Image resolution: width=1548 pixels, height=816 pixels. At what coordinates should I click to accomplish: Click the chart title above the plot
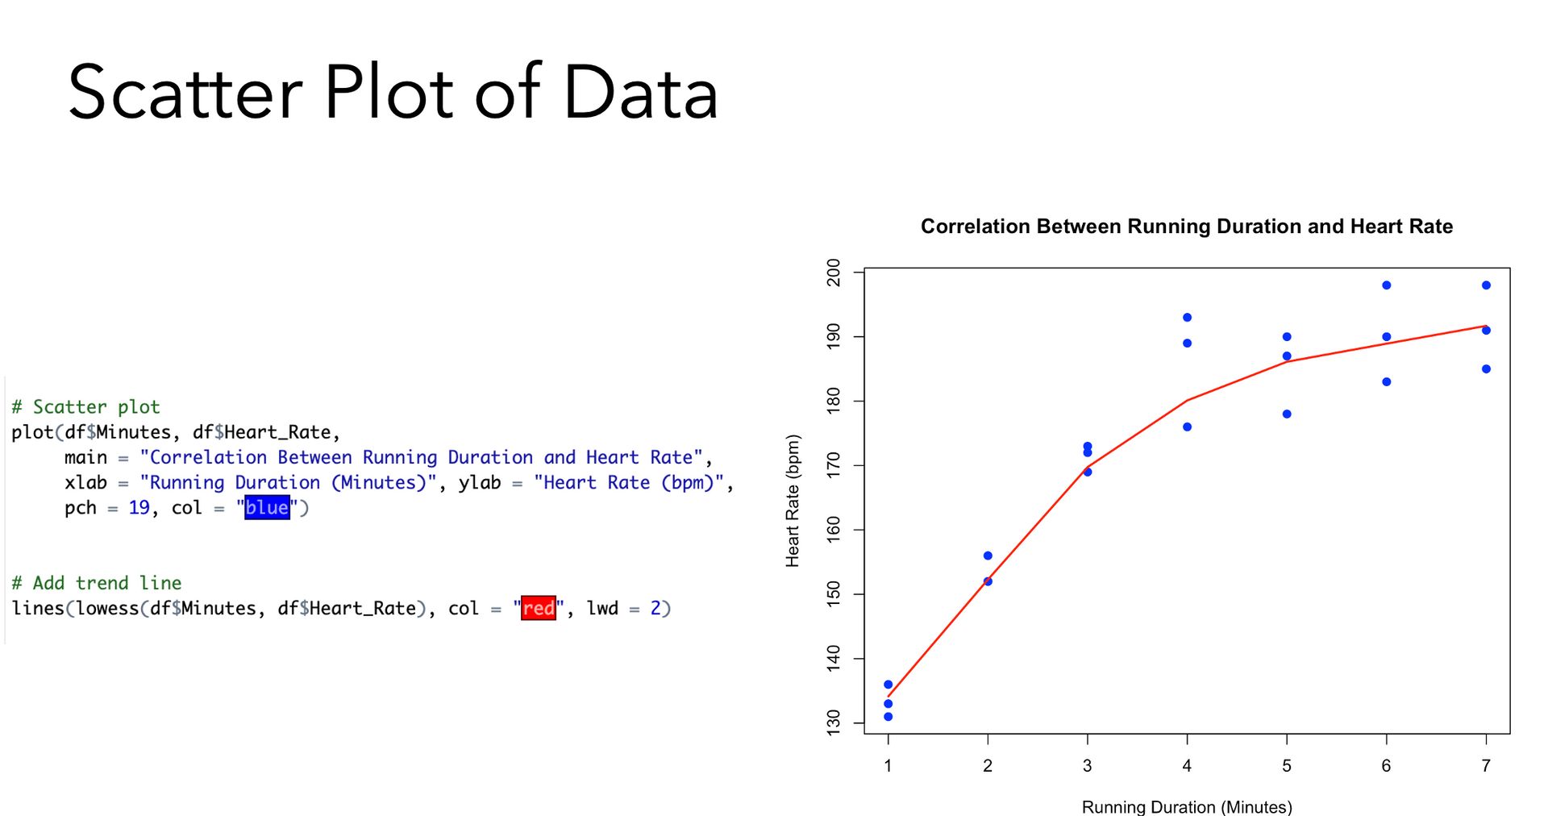tap(1187, 227)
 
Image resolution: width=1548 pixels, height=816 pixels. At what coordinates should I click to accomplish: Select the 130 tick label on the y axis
tap(834, 722)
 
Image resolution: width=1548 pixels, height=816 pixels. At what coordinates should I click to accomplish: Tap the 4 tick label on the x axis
tap(1187, 765)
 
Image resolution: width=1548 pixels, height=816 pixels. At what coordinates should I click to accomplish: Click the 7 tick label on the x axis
tap(1486, 765)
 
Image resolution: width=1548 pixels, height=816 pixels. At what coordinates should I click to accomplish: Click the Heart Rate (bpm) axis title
tap(793, 501)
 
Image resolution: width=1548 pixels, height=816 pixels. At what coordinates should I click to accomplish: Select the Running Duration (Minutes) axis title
tap(1187, 806)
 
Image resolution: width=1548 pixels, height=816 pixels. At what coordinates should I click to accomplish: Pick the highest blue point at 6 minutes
tap(1387, 285)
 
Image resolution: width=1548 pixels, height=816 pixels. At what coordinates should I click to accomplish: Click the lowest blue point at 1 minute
tap(888, 717)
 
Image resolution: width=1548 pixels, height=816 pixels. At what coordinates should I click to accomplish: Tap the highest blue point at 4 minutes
tap(1187, 318)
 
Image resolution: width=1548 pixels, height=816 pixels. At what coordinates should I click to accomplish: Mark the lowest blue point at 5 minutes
tap(1287, 414)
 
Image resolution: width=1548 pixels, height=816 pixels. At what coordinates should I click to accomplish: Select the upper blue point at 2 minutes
tap(988, 556)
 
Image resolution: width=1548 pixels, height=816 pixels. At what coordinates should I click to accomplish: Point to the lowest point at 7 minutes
tap(1486, 369)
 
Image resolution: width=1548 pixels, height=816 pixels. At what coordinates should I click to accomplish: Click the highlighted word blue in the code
tap(267, 507)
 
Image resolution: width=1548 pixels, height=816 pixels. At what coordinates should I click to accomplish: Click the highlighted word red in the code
tap(539, 608)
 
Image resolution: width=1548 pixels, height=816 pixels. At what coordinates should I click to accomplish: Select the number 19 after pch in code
tap(139, 508)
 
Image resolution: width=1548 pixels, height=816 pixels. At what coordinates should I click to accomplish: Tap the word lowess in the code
tap(107, 608)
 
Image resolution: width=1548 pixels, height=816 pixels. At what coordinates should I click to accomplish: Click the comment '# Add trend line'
tap(97, 583)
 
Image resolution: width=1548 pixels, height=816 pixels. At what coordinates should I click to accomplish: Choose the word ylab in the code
tap(480, 483)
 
